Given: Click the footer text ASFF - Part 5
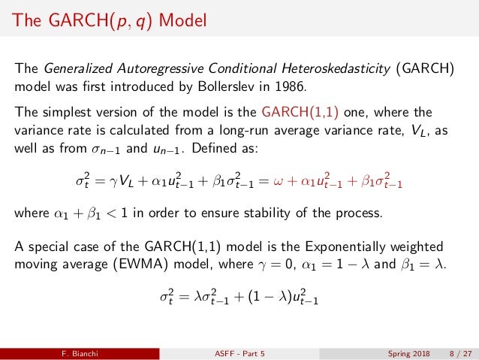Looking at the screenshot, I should pyautogui.click(x=239, y=352).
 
